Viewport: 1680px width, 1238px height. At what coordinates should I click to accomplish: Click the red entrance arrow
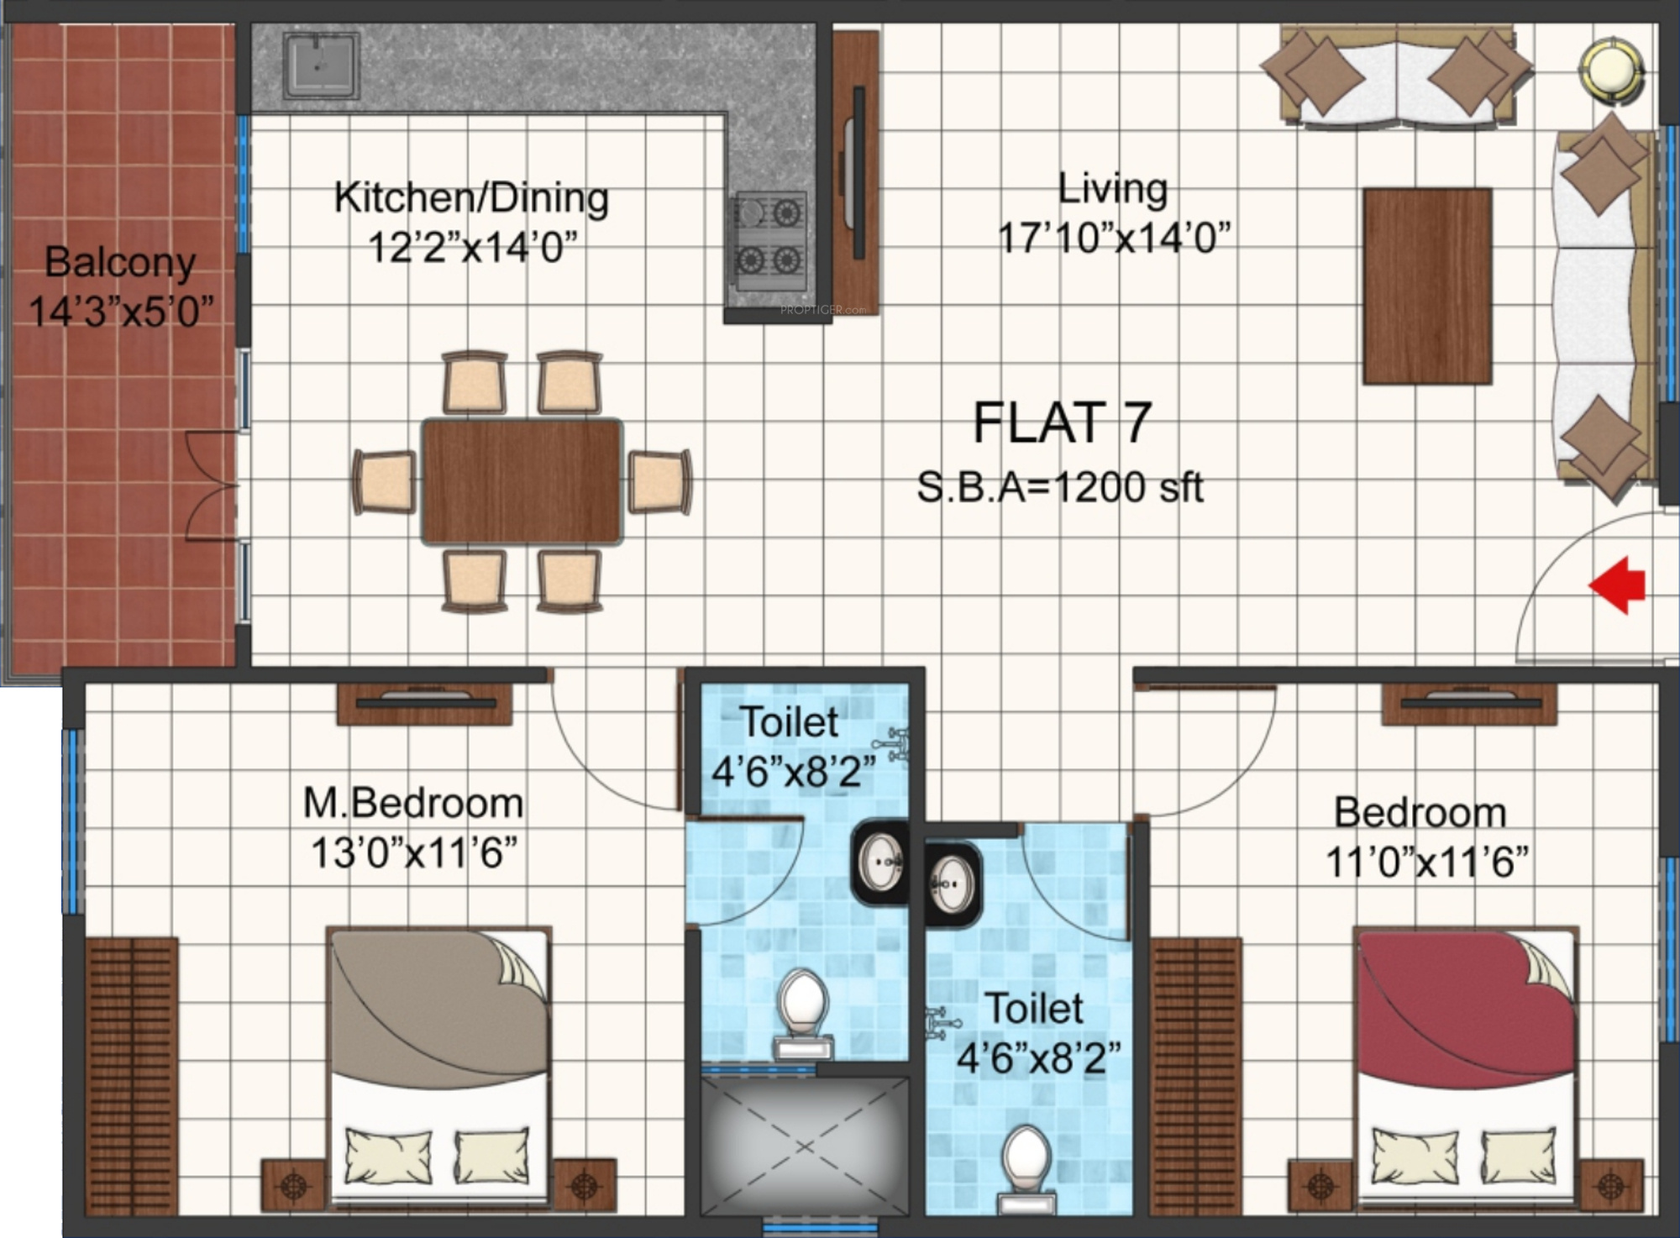click(1616, 585)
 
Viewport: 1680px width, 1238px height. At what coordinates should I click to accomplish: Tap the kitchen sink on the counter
click(321, 65)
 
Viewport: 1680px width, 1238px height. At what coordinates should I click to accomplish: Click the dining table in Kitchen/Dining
click(522, 482)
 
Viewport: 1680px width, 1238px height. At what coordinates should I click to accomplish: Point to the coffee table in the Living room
click(1427, 286)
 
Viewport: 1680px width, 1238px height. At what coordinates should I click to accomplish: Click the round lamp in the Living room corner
click(1611, 70)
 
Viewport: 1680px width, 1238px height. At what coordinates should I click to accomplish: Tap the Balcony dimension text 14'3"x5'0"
click(121, 312)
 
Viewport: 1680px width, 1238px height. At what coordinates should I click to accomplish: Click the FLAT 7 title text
click(1062, 422)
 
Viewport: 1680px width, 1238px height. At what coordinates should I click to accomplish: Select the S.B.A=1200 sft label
click(1060, 487)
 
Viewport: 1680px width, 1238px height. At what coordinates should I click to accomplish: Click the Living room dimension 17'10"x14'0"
click(1114, 238)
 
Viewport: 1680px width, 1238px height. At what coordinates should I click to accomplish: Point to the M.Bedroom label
click(413, 803)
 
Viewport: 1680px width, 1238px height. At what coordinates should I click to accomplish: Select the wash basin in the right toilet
click(953, 884)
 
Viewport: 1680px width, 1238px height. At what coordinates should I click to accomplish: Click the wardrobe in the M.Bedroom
click(132, 1076)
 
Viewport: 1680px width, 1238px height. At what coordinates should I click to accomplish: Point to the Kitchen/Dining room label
click(471, 198)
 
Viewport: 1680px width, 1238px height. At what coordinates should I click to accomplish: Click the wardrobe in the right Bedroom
click(1195, 1076)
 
